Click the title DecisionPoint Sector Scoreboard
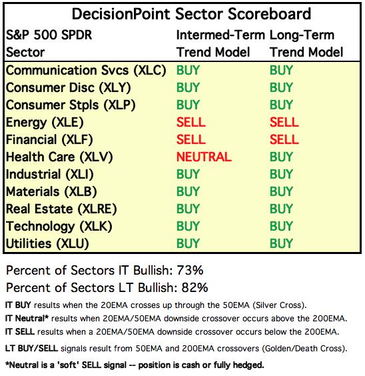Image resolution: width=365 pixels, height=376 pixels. (x=191, y=14)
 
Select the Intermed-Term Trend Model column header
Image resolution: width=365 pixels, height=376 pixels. (x=220, y=43)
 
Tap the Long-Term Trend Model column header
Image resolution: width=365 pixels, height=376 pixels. (x=306, y=43)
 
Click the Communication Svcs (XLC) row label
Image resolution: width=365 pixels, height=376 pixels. (x=86, y=71)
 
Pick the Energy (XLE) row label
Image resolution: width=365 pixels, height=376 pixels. (x=45, y=123)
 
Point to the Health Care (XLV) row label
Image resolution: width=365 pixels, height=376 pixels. (x=59, y=157)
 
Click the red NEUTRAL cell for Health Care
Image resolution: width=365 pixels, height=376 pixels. (x=204, y=157)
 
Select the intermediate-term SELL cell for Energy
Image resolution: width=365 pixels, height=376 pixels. (x=191, y=122)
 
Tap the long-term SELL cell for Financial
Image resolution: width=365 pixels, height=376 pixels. (x=284, y=139)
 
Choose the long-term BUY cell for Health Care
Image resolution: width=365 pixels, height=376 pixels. (x=281, y=157)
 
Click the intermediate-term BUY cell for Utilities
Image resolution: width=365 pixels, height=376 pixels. (x=188, y=243)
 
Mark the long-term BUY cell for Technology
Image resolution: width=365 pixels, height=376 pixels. (x=281, y=227)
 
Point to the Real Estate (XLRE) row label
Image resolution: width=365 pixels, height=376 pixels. (x=61, y=209)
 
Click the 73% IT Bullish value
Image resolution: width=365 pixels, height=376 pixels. (x=190, y=271)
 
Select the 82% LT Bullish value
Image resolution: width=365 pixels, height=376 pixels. (x=194, y=288)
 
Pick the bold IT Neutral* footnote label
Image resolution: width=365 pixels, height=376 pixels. (x=27, y=319)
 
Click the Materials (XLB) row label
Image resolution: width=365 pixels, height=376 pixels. (x=51, y=192)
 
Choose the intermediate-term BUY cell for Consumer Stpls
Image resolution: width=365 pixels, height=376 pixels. (x=188, y=105)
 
